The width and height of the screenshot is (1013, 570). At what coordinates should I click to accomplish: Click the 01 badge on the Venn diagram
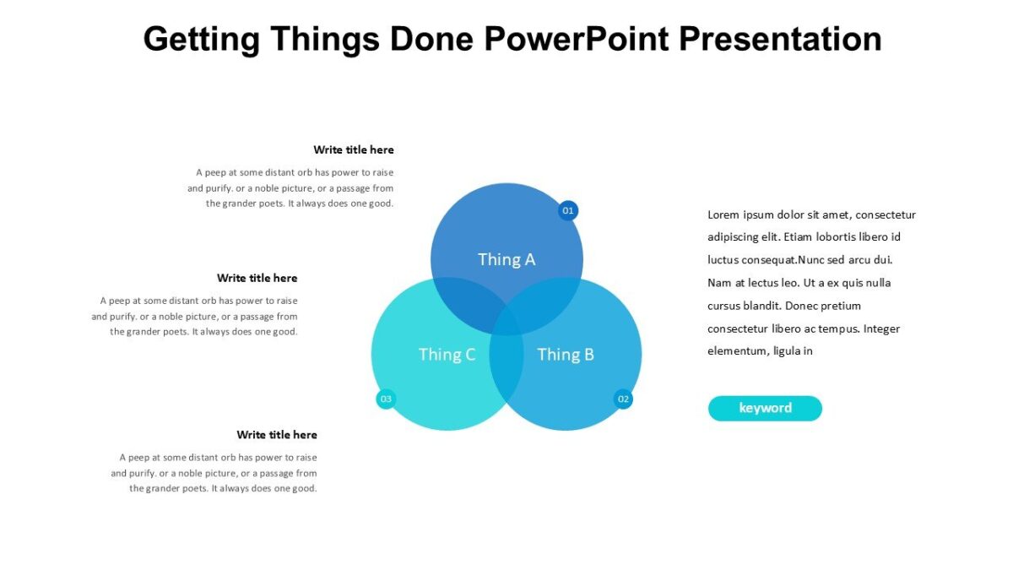[x=568, y=210]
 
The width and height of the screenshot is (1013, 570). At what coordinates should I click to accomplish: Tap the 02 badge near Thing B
[x=623, y=399]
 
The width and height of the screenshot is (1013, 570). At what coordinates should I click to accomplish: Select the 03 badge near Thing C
[x=386, y=399]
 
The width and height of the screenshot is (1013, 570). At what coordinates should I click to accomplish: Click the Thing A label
[x=506, y=259]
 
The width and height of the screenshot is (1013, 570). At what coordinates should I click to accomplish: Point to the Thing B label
[x=566, y=355]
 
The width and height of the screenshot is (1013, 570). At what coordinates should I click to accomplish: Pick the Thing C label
[x=447, y=355]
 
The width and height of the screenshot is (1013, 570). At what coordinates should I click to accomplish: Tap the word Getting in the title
[x=201, y=39]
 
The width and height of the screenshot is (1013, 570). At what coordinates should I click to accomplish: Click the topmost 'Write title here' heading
[x=354, y=149]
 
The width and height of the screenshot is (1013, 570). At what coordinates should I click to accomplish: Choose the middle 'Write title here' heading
[x=257, y=278]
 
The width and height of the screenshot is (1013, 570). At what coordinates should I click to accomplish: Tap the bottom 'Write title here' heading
[x=277, y=435]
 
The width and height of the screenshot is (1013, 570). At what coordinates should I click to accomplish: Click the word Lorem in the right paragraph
[x=723, y=214]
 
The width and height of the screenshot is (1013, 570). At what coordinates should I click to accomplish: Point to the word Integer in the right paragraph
[x=881, y=328]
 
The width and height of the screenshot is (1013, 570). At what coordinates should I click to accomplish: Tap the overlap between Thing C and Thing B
[x=506, y=372]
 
